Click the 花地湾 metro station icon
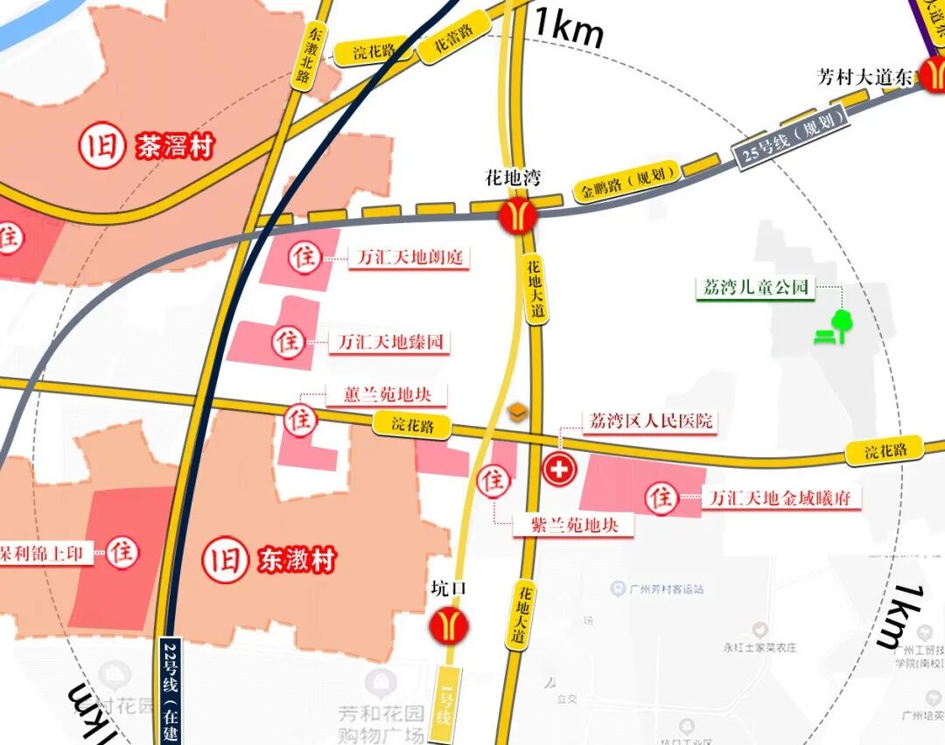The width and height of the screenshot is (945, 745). tap(518, 215)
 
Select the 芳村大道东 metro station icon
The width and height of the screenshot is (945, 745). tap(932, 77)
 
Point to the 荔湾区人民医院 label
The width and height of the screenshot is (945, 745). tap(651, 421)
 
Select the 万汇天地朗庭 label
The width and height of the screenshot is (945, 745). tap(409, 258)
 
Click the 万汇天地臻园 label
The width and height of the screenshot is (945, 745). tap(391, 342)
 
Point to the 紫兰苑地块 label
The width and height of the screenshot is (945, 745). tap(575, 526)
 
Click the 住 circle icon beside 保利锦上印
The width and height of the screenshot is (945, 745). tap(122, 552)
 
